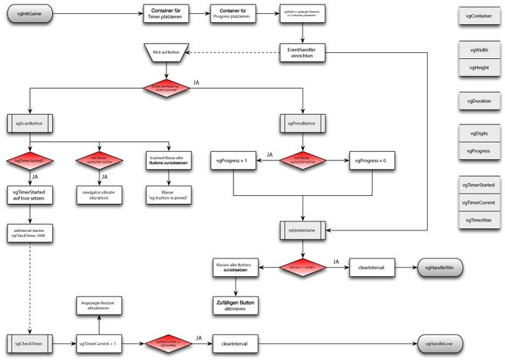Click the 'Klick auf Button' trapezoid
166,53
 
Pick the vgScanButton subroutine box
29,121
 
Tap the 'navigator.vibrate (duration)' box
99,194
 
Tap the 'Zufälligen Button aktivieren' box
234,304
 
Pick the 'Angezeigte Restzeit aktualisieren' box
99,306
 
